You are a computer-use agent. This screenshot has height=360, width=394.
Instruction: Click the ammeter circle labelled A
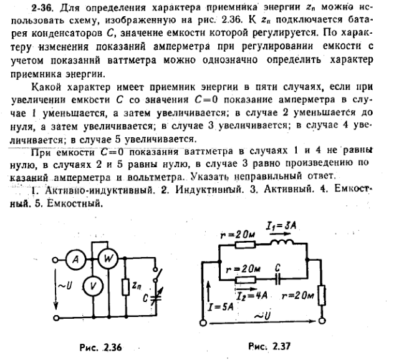[x=74, y=263]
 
